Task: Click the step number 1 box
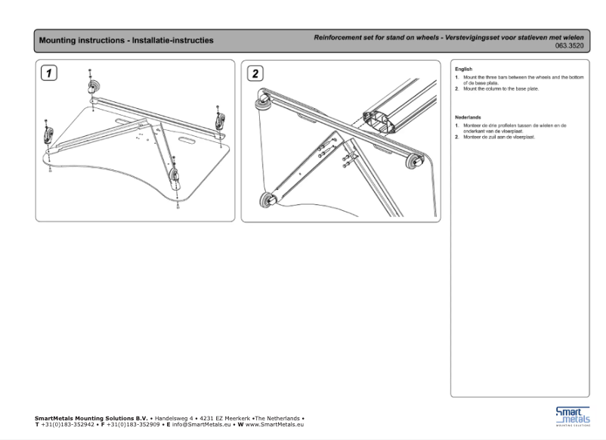[49, 73]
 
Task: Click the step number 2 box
[255, 73]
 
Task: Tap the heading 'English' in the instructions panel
[463, 69]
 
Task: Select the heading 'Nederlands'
[468, 117]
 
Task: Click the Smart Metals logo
[573, 416]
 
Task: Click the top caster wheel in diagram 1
[93, 89]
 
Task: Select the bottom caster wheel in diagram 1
[175, 175]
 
